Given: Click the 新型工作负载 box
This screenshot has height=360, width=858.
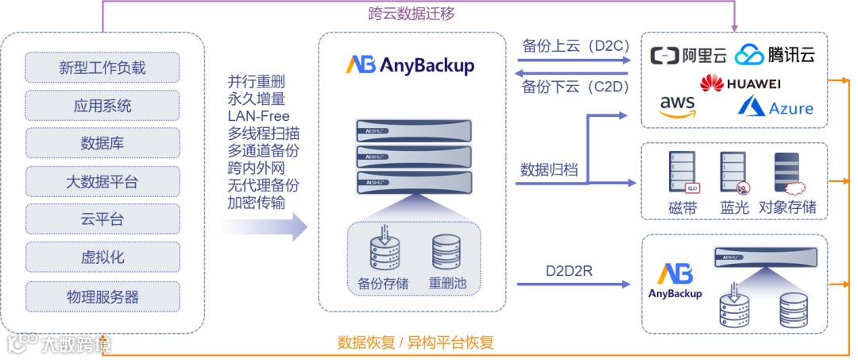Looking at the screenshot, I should coord(102,67).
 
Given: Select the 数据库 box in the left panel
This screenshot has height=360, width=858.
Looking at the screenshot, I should coord(102,143).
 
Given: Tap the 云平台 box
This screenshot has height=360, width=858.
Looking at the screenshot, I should coord(102,219).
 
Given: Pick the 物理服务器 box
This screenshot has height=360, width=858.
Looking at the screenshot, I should coord(102,296).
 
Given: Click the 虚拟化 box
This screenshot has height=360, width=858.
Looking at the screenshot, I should coord(102,257).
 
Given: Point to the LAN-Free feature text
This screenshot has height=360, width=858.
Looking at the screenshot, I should coord(258,116).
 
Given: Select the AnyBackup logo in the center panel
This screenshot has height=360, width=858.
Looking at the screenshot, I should coord(410,64).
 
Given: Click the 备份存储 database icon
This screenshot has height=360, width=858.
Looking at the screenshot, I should coord(385,249).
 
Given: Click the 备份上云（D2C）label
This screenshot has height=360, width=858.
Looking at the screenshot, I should coord(565,45).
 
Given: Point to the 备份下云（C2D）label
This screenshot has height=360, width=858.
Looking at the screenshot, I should coord(565,87).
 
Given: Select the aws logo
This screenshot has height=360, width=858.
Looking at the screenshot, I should coord(677,106).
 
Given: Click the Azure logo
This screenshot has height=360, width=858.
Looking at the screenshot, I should coord(775,106).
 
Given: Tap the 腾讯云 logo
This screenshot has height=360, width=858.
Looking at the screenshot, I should coord(775,55).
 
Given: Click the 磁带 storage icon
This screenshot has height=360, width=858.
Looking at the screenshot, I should coord(682,172).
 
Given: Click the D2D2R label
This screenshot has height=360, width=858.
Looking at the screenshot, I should coord(569,271).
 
